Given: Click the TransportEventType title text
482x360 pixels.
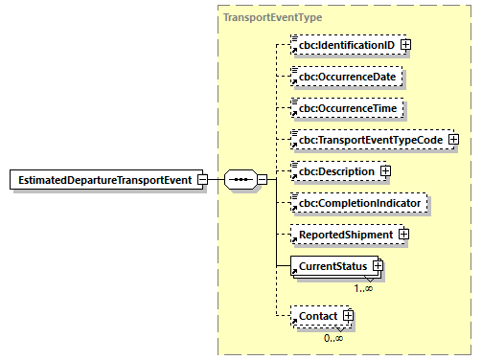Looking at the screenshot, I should pos(259,17).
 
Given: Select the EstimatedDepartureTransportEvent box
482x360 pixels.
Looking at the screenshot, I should pos(104,179).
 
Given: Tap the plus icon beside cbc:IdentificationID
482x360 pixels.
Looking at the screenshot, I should pos(406,44).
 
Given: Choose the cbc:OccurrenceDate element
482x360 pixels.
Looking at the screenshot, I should pos(347,76).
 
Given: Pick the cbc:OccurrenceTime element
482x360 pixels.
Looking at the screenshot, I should pos(347,108).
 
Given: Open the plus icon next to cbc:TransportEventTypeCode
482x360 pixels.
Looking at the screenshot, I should pos(453,140).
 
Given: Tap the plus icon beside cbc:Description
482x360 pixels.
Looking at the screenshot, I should pos(385,171).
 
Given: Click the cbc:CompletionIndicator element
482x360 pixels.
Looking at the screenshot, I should pos(358,203).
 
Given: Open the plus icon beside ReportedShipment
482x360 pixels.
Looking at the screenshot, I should pos(403,235).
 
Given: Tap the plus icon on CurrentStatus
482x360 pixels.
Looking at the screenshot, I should pos(378,265).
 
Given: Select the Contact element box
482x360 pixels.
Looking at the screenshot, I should pos(314,315).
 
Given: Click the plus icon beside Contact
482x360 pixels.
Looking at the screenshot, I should pos(348,315).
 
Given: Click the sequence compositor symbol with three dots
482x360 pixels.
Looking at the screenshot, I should pos(239,179).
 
